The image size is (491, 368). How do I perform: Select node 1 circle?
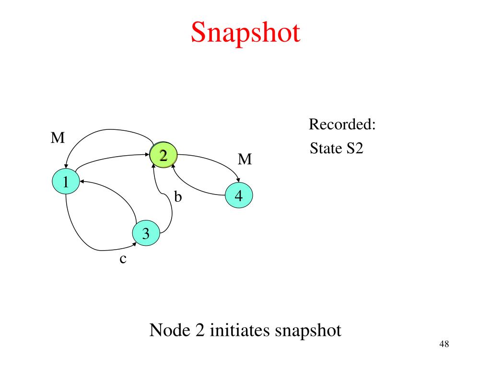(66, 182)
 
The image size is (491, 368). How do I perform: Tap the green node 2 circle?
(164, 155)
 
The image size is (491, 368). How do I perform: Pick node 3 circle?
(146, 233)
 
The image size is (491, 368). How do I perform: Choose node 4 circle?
(238, 195)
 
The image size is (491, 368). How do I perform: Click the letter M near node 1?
(58, 138)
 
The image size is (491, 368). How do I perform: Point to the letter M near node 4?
(245, 159)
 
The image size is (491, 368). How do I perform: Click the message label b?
(178, 196)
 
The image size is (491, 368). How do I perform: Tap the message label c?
(123, 259)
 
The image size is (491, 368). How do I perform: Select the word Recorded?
(342, 125)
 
